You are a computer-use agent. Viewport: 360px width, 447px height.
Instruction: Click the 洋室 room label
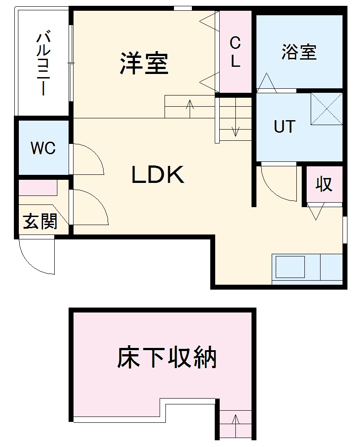(x=144, y=64)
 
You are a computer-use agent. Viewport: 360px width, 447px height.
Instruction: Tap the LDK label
(x=158, y=175)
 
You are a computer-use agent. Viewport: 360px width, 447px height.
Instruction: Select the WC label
(x=43, y=148)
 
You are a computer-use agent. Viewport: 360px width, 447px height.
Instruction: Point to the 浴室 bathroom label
(x=299, y=52)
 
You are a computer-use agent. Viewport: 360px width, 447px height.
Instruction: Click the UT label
(x=285, y=127)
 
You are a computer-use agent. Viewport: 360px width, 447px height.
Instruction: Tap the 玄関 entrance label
(x=40, y=221)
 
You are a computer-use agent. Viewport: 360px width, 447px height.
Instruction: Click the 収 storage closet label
(x=324, y=184)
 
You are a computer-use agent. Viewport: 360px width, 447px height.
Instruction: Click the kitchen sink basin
(x=291, y=267)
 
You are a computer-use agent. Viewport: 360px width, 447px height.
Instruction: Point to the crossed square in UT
(x=326, y=108)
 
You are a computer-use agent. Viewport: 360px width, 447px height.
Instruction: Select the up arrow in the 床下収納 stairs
(x=236, y=425)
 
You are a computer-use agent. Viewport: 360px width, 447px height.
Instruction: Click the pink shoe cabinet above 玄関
(x=38, y=187)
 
